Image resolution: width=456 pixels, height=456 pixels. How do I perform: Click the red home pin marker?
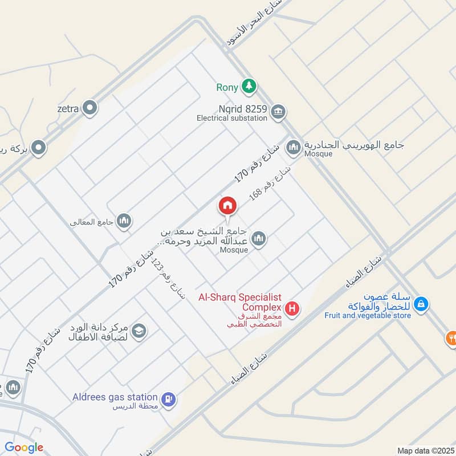(x=227, y=206)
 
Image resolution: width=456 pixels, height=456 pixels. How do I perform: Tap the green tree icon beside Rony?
(x=249, y=87)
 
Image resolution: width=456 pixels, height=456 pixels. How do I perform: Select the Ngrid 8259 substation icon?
(x=278, y=110)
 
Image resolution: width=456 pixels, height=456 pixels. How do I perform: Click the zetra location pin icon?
(x=89, y=107)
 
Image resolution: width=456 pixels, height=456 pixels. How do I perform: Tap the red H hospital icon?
(x=292, y=309)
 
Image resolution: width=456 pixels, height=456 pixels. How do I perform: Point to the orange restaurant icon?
(x=451, y=337)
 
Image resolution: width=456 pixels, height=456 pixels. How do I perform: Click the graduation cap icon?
(x=139, y=331)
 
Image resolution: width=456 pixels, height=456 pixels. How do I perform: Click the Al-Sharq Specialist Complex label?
(x=240, y=302)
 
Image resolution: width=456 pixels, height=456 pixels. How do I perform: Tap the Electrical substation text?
(x=231, y=119)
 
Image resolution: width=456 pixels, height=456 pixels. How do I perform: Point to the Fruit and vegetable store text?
(x=368, y=315)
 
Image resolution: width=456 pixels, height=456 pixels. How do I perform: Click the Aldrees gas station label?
(x=115, y=397)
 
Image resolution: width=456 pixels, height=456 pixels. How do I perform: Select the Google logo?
(x=24, y=447)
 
